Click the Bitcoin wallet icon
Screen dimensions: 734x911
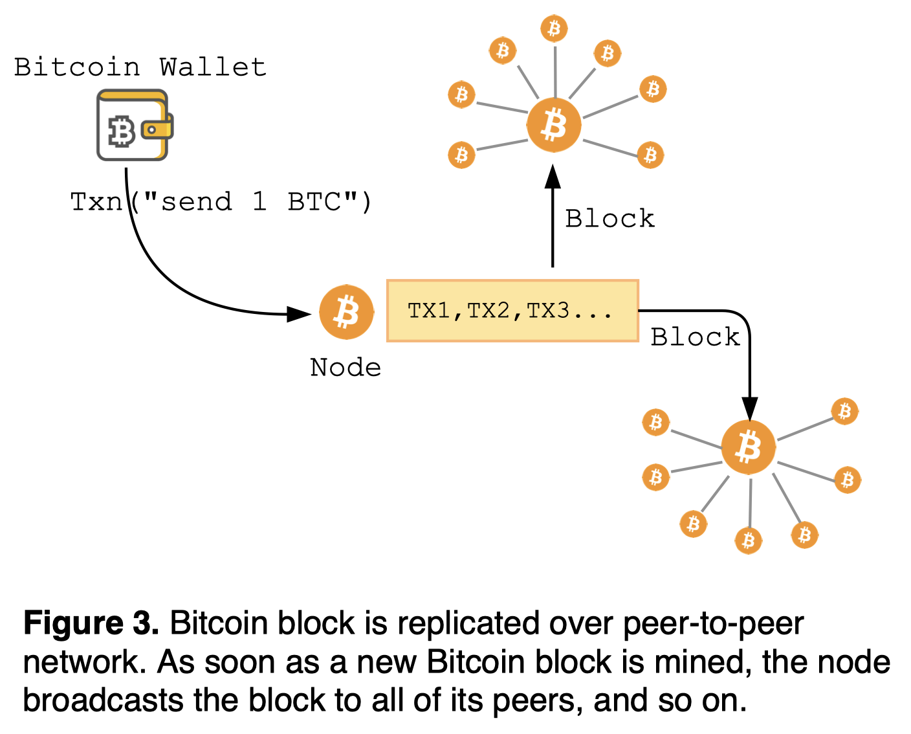coord(133,125)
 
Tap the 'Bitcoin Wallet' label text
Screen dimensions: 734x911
coord(140,67)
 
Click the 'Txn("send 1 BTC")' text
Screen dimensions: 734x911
coord(221,202)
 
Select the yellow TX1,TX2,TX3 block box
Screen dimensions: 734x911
coord(512,311)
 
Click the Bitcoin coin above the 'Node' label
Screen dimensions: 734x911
coord(347,312)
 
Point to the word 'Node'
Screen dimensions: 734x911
coord(346,368)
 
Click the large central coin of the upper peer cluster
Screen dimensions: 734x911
coord(554,125)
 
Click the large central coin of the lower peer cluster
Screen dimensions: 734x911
coord(749,447)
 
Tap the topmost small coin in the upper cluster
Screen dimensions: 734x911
coord(554,28)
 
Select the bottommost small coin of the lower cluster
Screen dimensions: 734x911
coord(749,540)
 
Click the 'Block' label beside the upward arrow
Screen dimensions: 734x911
coord(609,219)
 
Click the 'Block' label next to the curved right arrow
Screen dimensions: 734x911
coord(695,337)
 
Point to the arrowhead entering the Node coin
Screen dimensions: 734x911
coord(299,314)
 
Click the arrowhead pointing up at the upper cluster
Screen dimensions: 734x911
coord(553,177)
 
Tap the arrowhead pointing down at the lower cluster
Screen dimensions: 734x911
coord(749,409)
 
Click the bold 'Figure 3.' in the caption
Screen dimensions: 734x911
coord(91,623)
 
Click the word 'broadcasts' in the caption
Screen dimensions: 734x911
coord(103,700)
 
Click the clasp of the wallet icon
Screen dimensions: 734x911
coord(153,129)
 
